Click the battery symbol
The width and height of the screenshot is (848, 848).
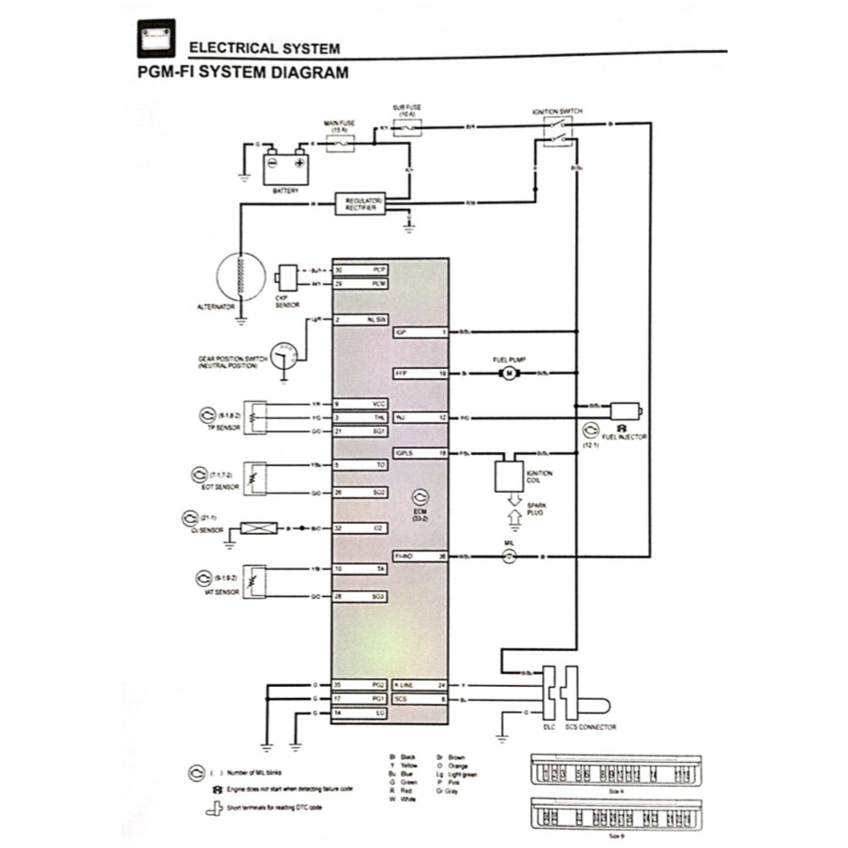286,167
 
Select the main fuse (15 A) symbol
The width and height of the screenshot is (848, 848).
341,145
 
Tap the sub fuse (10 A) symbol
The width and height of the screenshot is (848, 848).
407,128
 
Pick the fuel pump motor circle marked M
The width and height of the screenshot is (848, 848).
509,374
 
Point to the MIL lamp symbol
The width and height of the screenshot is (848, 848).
512,556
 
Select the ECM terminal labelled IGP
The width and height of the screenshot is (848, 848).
420,332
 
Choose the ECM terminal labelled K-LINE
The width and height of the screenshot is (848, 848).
420,684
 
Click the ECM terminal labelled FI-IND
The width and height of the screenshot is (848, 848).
420,556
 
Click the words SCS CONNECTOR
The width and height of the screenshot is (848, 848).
591,727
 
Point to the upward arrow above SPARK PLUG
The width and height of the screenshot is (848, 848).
515,518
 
